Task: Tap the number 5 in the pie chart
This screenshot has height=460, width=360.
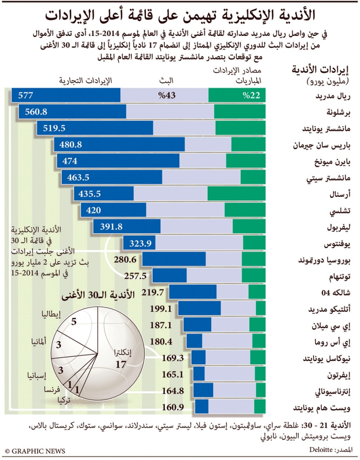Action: point(74,322)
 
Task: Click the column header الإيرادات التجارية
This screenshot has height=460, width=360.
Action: point(85,81)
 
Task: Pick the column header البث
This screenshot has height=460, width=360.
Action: point(167,81)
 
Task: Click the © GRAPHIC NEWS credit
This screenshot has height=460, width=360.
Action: point(35,451)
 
